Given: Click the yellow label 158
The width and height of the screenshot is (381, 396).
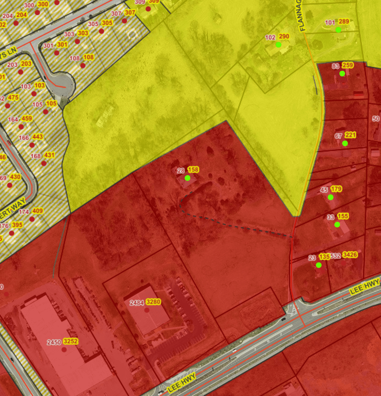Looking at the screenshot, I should coord(193,170).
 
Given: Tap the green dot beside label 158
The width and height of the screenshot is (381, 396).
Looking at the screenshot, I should coord(188,178).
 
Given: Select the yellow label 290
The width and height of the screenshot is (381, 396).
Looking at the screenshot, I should coord(284,37).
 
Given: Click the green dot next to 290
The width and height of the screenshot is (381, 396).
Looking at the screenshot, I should coord(278,45).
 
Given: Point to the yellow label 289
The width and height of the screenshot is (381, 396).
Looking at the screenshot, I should coord(344,22).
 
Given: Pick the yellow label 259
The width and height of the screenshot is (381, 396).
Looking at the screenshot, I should coord(347,65).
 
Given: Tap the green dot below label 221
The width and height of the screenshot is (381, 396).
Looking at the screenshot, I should coord(345,143).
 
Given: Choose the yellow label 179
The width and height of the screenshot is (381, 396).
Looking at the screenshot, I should coord(336,189).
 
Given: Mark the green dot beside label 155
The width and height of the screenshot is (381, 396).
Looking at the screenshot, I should coord(337,224).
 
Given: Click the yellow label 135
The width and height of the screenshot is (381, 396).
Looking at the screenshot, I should coord(324,257).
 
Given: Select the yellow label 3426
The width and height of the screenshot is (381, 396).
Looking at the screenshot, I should coord(350,255).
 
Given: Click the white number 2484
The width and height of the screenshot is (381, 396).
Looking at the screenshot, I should coord(137,302).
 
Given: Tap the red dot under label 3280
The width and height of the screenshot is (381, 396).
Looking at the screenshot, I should coord(147,310).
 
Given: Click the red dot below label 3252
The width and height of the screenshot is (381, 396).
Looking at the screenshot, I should coord(64,349).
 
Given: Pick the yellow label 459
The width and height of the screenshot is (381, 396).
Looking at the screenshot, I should coord(27,119).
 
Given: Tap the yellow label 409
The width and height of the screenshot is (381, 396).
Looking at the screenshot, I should coord(37,211).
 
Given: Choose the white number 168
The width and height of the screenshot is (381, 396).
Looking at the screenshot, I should coord(36,156).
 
